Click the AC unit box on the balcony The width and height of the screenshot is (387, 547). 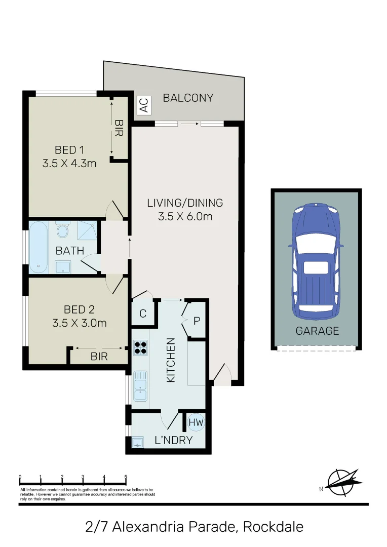(144, 105)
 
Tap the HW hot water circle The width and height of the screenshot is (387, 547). (196, 421)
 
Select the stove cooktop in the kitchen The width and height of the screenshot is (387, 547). (140, 347)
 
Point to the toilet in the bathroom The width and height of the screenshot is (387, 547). (63, 230)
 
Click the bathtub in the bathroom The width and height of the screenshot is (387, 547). (38, 248)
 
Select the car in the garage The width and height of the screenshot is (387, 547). (316, 258)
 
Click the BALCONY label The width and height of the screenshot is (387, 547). (188, 98)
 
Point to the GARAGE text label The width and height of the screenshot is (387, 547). (317, 331)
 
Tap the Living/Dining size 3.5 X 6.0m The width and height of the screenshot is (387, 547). (185, 217)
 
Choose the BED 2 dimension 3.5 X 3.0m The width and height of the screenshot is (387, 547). (79, 322)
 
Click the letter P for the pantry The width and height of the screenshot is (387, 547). (197, 321)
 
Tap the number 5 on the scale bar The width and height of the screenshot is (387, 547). (126, 477)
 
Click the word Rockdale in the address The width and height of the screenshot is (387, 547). (274, 527)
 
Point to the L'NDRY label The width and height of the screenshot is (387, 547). (174, 440)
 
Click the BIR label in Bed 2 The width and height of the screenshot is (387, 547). (99, 357)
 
